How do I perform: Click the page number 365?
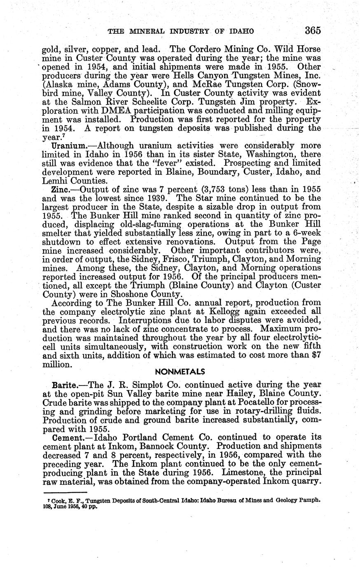coord(313,30)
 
